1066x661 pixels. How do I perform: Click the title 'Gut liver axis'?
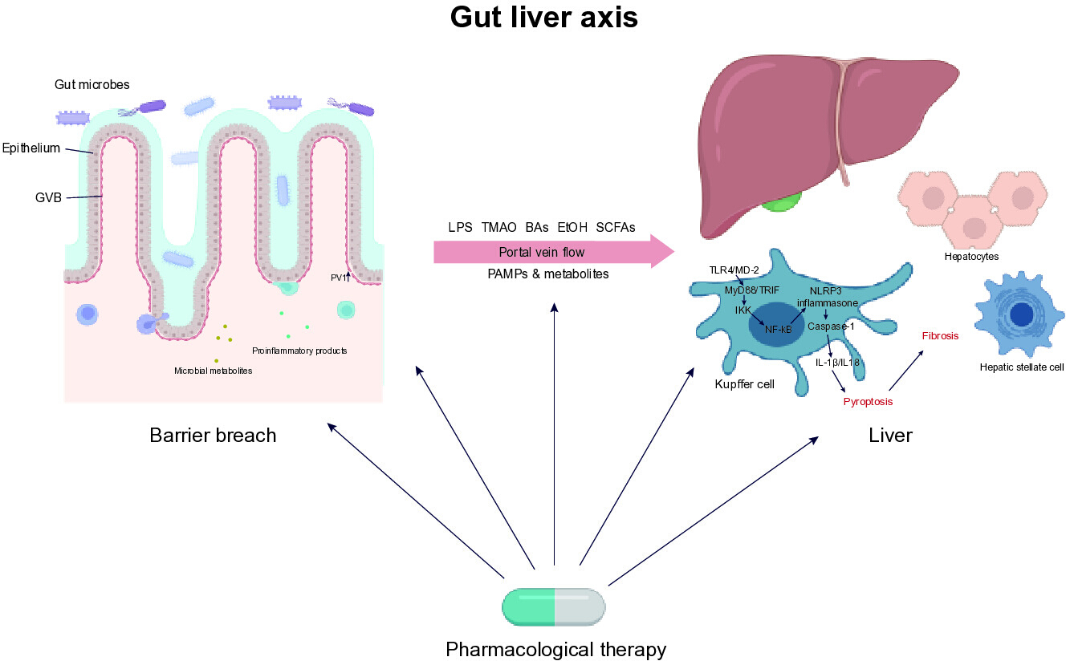pyautogui.click(x=543, y=18)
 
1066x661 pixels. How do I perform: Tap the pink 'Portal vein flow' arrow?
pyautogui.click(x=554, y=252)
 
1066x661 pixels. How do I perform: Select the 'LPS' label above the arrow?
pyautogui.click(x=460, y=227)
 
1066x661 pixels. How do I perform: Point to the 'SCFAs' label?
pyautogui.click(x=616, y=227)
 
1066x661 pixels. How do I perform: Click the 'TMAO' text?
pyautogui.click(x=498, y=227)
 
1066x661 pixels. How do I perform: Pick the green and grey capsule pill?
pyautogui.click(x=553, y=606)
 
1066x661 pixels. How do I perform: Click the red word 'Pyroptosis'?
pyautogui.click(x=868, y=402)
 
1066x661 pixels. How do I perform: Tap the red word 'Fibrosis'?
pyautogui.click(x=940, y=336)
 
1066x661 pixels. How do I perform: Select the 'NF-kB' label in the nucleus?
pyautogui.click(x=778, y=329)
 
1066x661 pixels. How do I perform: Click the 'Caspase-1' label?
pyautogui.click(x=831, y=326)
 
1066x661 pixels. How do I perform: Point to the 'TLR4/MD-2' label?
pyautogui.click(x=734, y=270)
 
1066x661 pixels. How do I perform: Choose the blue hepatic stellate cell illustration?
pyautogui.click(x=1019, y=314)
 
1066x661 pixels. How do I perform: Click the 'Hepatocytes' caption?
pyautogui.click(x=971, y=257)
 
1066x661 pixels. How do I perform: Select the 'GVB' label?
pyautogui.click(x=48, y=197)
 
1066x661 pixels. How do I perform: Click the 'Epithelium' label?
pyautogui.click(x=31, y=148)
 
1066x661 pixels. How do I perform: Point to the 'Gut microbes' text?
pyautogui.click(x=92, y=85)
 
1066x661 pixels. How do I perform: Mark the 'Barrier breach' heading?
pyautogui.click(x=213, y=435)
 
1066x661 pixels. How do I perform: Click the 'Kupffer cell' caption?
pyautogui.click(x=744, y=384)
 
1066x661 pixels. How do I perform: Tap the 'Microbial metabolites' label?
pyautogui.click(x=214, y=371)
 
